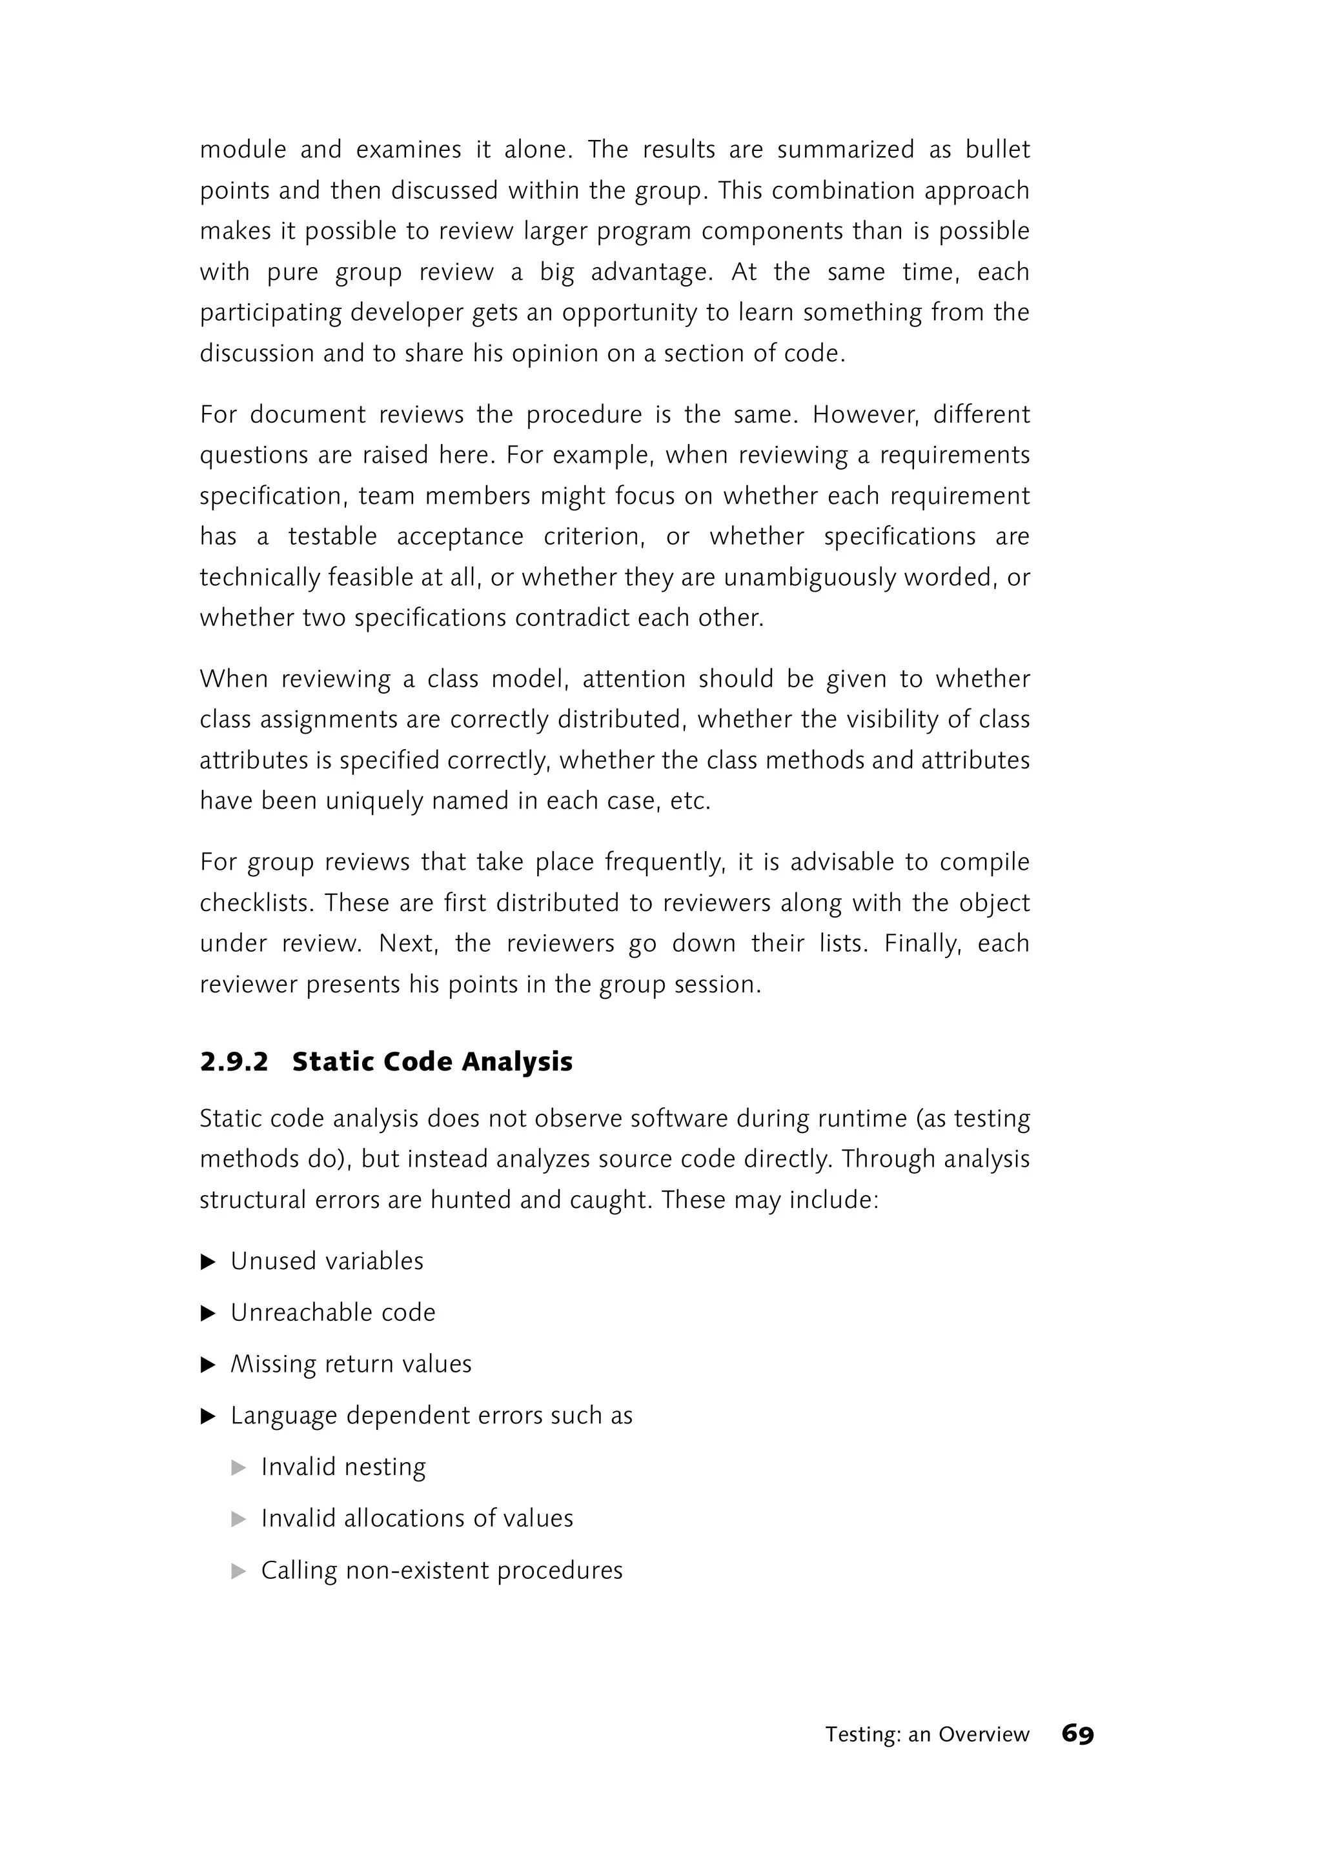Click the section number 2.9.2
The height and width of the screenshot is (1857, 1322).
pos(234,1062)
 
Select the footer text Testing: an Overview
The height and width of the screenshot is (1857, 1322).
pos(926,1734)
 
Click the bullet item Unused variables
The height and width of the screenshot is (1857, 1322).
pos(327,1261)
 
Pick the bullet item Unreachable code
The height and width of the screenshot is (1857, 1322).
pos(332,1312)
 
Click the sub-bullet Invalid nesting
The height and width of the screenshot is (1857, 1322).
pos(343,1467)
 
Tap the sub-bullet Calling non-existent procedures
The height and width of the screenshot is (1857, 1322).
pos(442,1570)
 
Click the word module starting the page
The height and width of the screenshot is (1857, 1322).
pos(243,150)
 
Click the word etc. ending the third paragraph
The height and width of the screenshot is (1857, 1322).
pos(689,801)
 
